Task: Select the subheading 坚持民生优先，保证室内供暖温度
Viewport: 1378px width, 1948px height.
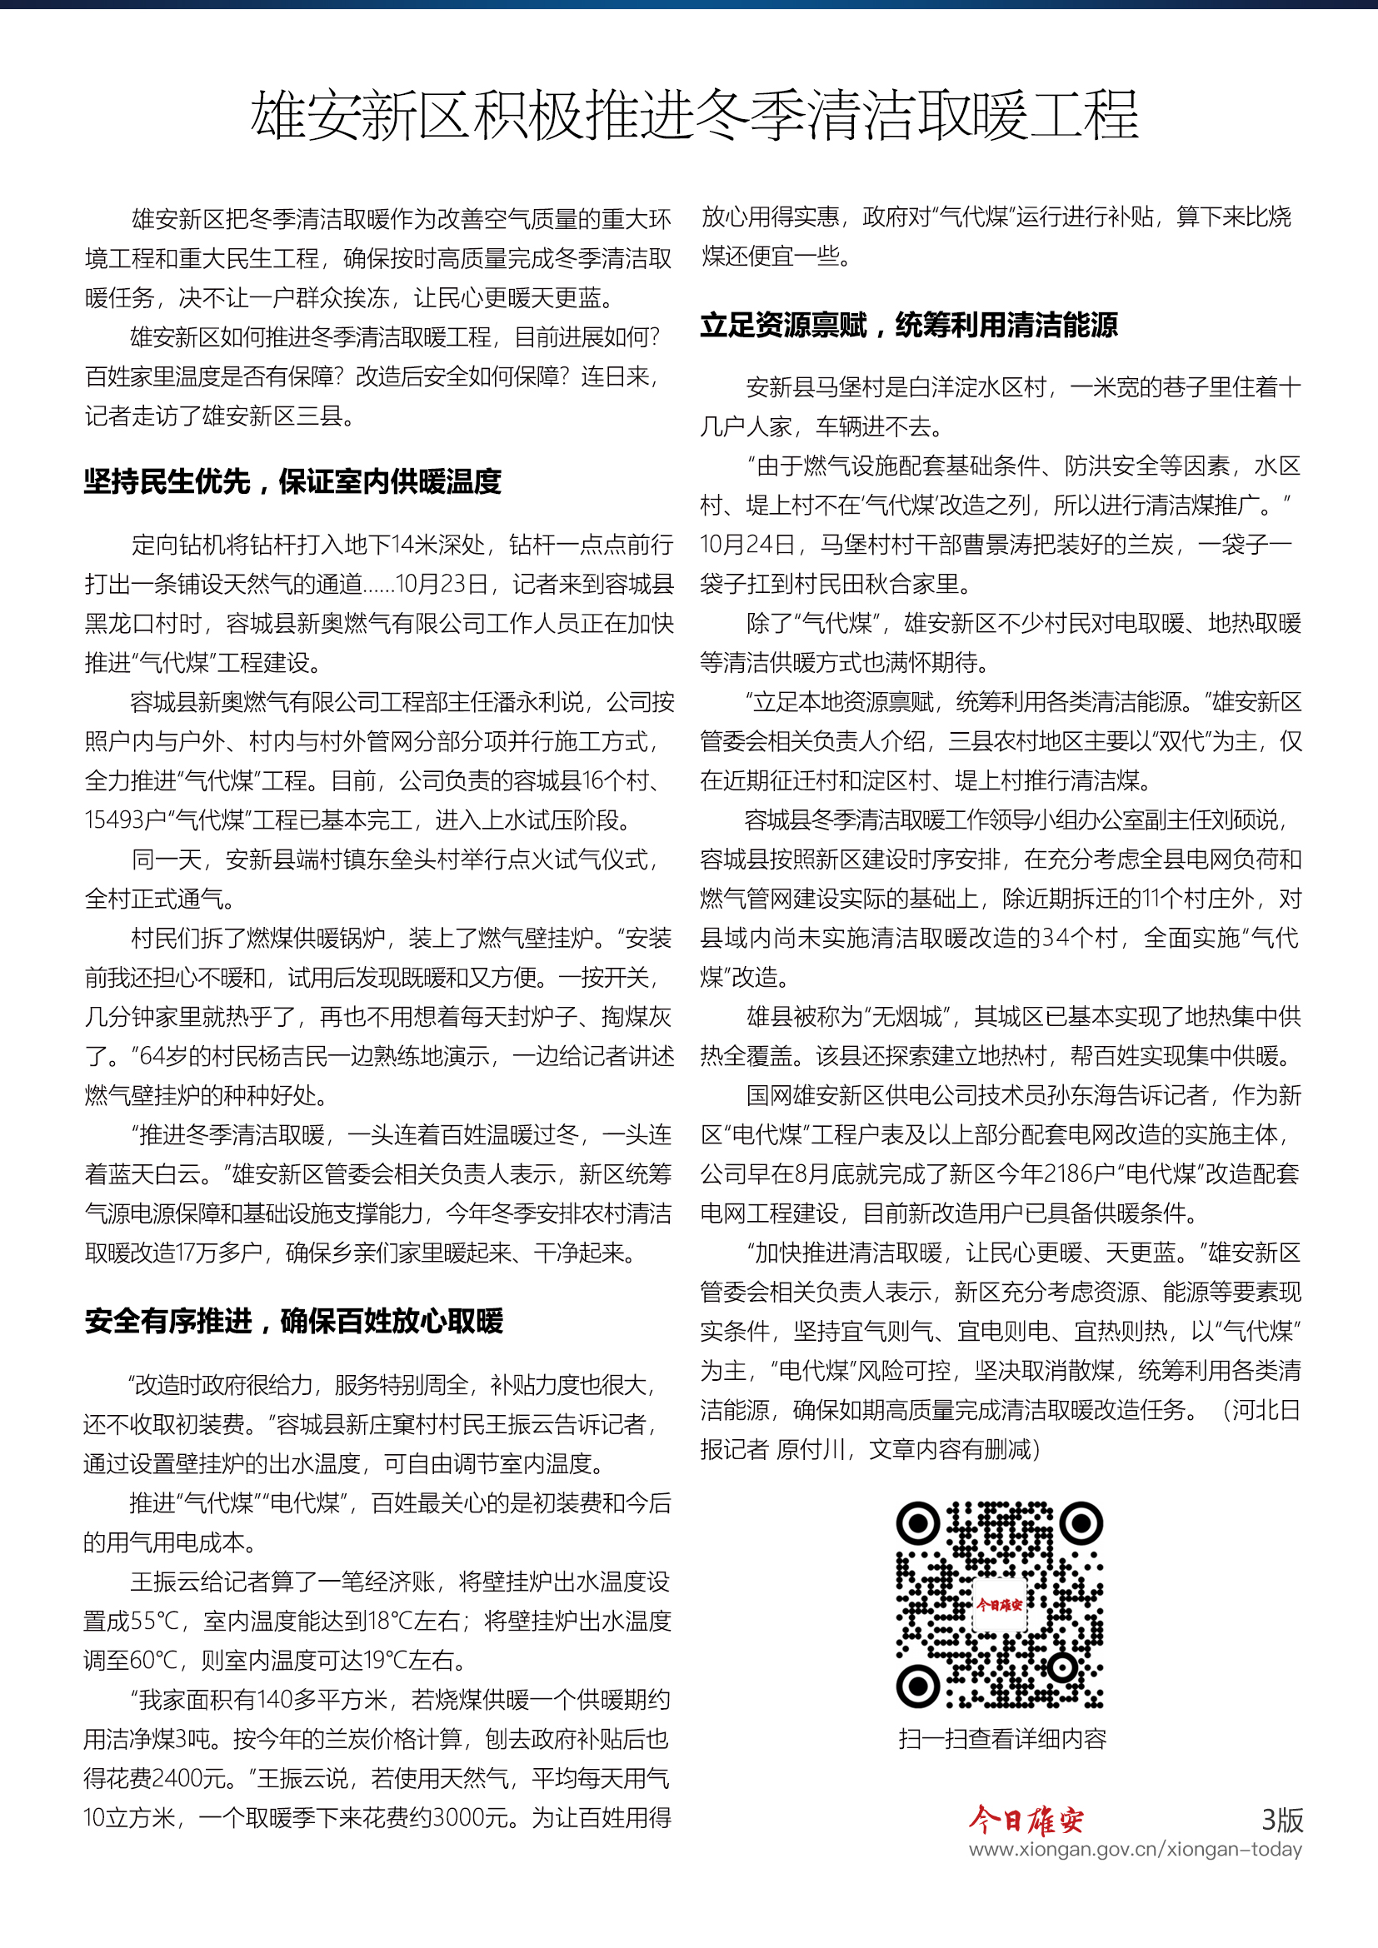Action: [x=292, y=482]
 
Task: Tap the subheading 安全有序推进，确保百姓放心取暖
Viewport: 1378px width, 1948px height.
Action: [x=293, y=1321]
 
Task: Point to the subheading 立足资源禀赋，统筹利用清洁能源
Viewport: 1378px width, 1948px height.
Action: [x=909, y=325]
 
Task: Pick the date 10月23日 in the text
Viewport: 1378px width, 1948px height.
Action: [x=443, y=585]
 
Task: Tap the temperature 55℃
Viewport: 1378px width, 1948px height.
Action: [x=154, y=1622]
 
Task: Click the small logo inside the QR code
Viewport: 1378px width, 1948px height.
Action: [x=999, y=1604]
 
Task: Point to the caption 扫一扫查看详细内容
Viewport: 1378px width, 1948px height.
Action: [x=1002, y=1739]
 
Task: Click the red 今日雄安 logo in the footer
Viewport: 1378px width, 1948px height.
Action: [x=1026, y=1820]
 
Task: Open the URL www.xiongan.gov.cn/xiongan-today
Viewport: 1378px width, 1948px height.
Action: [x=1136, y=1850]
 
